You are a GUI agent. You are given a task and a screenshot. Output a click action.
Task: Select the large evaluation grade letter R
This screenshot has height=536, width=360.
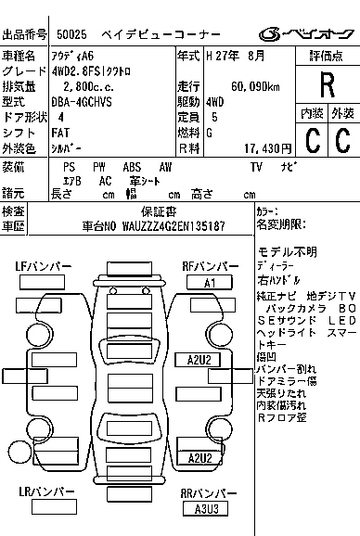(326, 85)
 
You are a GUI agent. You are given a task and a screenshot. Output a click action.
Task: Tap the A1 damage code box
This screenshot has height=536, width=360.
(209, 282)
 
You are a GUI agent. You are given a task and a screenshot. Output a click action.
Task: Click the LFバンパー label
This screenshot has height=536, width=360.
(44, 267)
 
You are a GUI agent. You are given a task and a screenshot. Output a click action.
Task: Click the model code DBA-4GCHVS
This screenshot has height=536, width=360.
(80, 102)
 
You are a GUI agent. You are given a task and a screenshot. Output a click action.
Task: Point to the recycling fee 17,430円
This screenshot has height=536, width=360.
(265, 147)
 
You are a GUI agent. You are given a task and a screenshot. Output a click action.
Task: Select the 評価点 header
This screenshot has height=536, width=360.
(326, 57)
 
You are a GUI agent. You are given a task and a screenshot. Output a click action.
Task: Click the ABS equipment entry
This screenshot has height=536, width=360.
(132, 167)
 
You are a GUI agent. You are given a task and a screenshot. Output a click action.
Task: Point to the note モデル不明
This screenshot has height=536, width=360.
(287, 252)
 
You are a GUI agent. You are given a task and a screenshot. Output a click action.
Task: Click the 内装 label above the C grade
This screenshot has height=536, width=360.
(312, 113)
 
